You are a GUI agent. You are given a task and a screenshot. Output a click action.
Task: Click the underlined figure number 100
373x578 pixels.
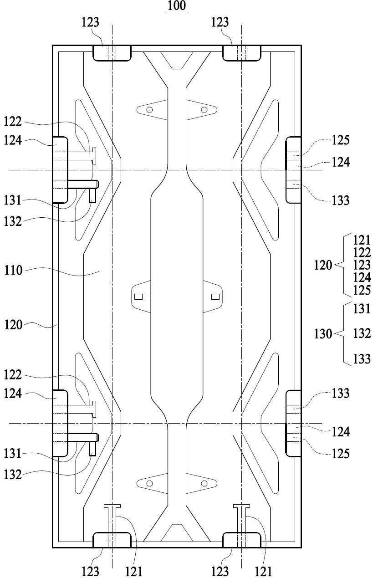click(x=177, y=5)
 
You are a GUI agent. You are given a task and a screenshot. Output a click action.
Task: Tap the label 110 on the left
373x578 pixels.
click(x=13, y=271)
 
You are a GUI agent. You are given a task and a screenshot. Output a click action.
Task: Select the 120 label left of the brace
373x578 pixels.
click(x=323, y=265)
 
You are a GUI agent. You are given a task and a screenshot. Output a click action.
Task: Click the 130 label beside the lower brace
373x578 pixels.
click(x=323, y=334)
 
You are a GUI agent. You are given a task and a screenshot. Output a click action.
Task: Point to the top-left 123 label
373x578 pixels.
click(x=91, y=22)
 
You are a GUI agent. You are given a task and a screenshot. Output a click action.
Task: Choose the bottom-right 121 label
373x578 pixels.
click(x=263, y=571)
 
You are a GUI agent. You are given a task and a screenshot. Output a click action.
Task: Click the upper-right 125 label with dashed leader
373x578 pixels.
click(x=341, y=140)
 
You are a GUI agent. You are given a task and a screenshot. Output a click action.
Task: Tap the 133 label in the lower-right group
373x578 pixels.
click(x=341, y=393)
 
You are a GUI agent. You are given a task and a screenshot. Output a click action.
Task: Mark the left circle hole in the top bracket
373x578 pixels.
click(x=149, y=110)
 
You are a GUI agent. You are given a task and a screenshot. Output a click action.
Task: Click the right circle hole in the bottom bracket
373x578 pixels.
click(x=204, y=483)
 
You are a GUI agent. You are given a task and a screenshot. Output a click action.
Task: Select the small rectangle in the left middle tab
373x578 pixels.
click(x=138, y=297)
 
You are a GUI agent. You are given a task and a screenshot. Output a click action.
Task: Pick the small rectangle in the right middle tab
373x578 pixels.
click(x=215, y=297)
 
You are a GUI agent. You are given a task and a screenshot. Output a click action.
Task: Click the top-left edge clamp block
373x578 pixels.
click(x=112, y=53)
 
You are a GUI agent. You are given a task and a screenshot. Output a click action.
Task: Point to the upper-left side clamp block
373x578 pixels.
click(x=61, y=170)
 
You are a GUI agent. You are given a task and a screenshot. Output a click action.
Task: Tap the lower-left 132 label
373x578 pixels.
click(x=13, y=475)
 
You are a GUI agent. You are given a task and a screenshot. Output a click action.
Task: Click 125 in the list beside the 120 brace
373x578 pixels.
click(x=362, y=290)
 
